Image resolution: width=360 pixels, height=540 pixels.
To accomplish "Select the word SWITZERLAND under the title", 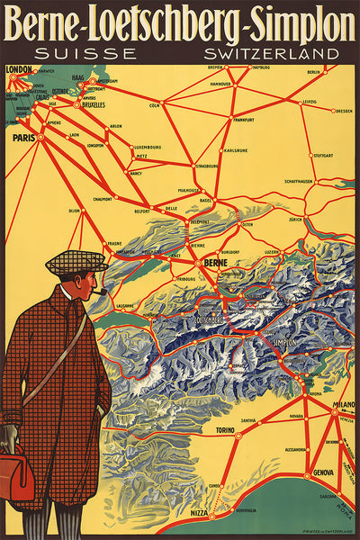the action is click(270, 53).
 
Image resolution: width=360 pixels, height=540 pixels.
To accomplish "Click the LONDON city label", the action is click(19, 68).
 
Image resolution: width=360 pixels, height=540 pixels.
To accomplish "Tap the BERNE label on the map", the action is click(217, 263).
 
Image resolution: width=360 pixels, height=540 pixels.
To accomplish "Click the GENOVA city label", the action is click(324, 473).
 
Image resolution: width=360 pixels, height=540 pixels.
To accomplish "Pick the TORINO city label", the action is click(224, 430).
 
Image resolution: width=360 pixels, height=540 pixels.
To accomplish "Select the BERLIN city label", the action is click(313, 72).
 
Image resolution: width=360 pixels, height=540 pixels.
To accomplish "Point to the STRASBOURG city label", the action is click(206, 166).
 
